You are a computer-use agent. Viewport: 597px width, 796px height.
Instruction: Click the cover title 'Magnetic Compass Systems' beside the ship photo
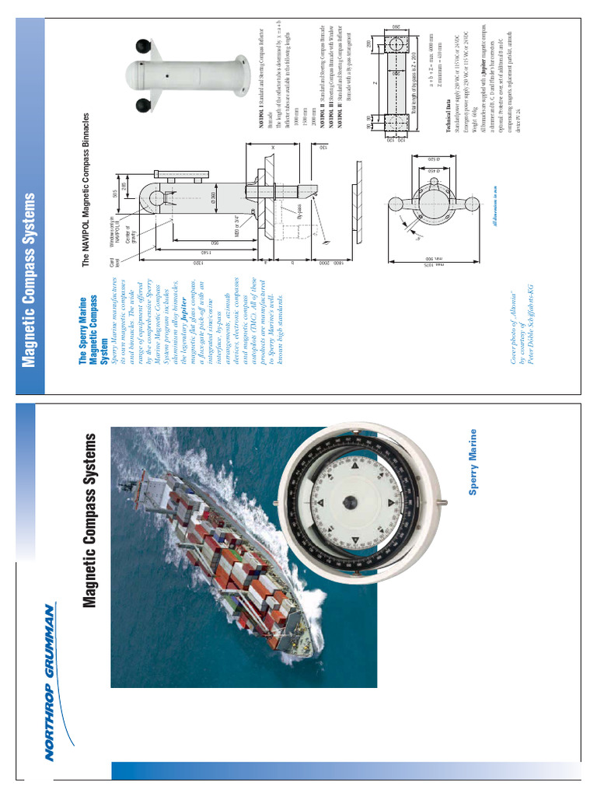tap(93, 520)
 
